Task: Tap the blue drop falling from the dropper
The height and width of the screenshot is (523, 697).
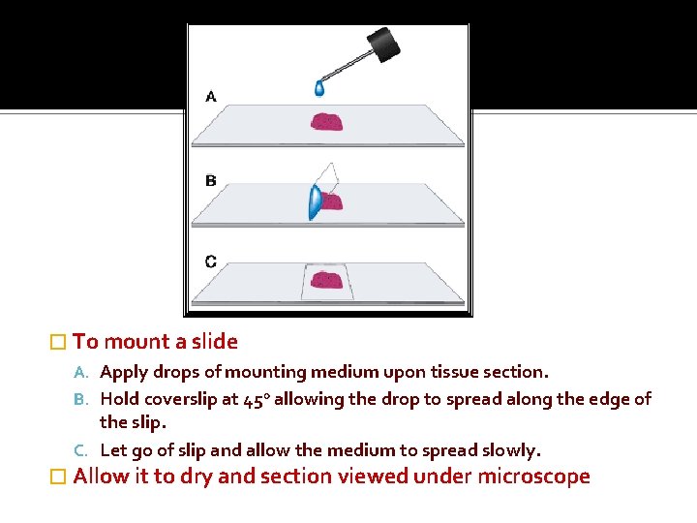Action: [319, 88]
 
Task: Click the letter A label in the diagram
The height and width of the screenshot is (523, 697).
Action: [211, 96]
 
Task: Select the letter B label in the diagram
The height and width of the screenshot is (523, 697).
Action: [211, 180]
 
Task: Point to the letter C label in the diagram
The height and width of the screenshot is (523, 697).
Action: [211, 261]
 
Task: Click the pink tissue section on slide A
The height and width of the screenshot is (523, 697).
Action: [327, 122]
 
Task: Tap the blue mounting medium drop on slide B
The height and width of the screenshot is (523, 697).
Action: [314, 202]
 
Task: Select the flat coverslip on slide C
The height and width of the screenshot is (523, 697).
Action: [327, 281]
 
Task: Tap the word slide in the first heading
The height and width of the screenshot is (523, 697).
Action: [214, 341]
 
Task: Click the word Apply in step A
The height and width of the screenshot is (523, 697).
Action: [122, 372]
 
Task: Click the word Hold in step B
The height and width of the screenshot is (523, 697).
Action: [119, 399]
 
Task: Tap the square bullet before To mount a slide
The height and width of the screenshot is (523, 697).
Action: [57, 342]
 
